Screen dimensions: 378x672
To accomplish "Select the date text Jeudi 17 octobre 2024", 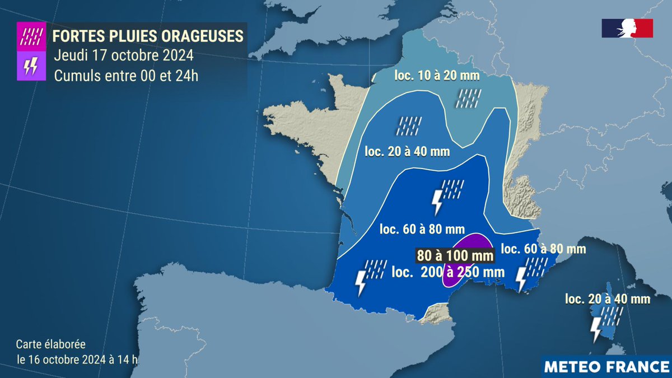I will tap(124, 56).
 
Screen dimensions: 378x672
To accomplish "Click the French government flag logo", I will tap(627, 28).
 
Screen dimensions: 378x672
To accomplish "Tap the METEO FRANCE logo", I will tap(607, 367).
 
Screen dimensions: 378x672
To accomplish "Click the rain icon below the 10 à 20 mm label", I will tap(468, 98).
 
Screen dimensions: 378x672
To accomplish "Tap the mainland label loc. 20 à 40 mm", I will tap(407, 151).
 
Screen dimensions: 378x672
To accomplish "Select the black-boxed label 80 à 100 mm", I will tap(455, 255).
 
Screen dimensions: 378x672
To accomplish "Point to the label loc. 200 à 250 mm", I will tap(448, 272).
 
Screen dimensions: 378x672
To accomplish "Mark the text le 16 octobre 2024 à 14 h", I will tap(77, 360).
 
